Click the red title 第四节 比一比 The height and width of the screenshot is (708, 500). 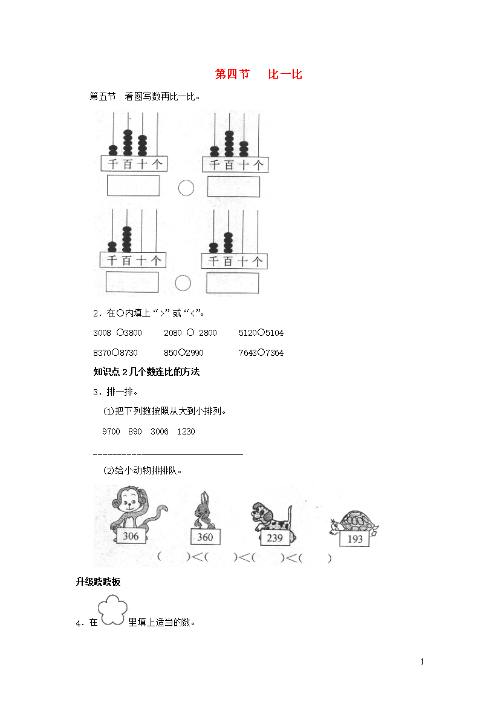[x=258, y=74]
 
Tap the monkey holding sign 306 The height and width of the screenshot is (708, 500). [x=135, y=510]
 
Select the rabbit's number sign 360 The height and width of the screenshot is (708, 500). [x=205, y=537]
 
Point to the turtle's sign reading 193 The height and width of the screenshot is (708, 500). [x=355, y=539]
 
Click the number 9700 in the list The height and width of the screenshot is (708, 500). [x=111, y=431]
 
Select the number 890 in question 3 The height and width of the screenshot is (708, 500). [x=135, y=431]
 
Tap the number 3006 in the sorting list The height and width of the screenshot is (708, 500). [x=159, y=431]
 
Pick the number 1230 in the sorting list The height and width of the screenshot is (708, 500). [x=186, y=431]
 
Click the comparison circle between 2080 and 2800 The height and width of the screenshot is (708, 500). [x=190, y=332]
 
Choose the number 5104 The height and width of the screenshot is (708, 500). [x=274, y=333]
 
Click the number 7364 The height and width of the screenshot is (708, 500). [x=274, y=353]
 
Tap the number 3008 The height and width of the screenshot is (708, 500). [x=102, y=333]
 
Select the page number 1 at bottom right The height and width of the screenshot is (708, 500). [x=423, y=662]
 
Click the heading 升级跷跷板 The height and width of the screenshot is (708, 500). [x=98, y=582]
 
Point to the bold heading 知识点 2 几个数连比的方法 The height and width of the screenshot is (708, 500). [x=146, y=372]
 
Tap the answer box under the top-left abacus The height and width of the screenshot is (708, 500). [x=133, y=186]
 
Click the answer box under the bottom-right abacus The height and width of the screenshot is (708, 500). [x=232, y=283]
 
